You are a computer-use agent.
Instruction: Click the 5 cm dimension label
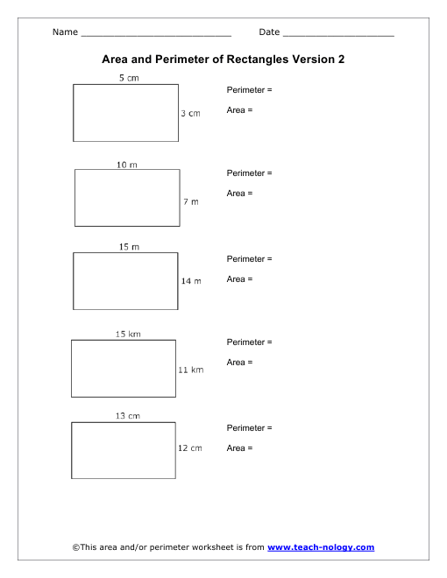129,78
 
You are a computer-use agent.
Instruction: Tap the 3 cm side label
191,114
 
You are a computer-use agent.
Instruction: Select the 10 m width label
127,165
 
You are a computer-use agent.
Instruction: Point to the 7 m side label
191,201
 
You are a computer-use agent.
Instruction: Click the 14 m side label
191,281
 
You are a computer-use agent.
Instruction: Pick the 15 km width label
128,334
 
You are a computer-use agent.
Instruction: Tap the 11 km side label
191,370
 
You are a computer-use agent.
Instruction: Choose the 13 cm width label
128,416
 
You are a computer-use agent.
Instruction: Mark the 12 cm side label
190,448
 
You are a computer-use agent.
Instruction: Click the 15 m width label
129,247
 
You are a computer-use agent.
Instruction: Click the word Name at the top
65,32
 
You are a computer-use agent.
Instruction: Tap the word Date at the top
269,32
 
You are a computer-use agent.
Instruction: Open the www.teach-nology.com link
321,547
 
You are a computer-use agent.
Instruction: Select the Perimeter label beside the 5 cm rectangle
245,90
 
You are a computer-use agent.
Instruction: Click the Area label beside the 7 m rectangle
236,194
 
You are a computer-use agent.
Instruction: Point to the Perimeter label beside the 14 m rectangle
245,258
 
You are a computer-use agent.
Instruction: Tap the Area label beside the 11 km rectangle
236,363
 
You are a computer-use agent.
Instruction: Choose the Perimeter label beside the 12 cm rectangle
245,428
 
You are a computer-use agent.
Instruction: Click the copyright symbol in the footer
76,547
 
